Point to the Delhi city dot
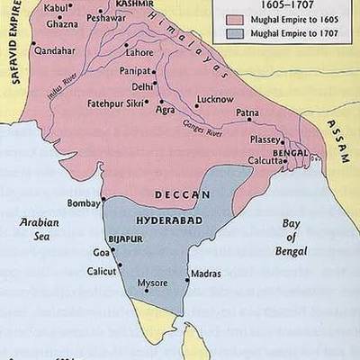pos(156,87)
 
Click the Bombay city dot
pos(105,199)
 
